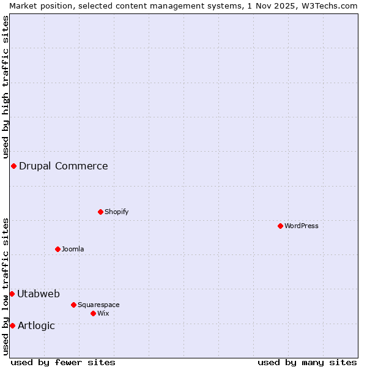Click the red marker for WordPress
point(280,226)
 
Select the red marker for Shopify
point(100,212)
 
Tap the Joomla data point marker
point(57,249)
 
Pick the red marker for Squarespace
point(73,305)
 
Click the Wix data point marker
point(93,313)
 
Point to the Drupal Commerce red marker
point(13,166)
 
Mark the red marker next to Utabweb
point(12,294)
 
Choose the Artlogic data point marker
point(12,325)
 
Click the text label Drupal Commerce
point(64,166)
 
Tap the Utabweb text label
point(39,294)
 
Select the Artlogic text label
point(37,325)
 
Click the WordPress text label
point(302,226)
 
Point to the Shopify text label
point(117,212)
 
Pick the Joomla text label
point(73,249)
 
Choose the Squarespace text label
point(98,305)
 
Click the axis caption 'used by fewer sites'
point(63,362)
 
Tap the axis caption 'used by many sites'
point(307,362)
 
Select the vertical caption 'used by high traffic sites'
point(6,87)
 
